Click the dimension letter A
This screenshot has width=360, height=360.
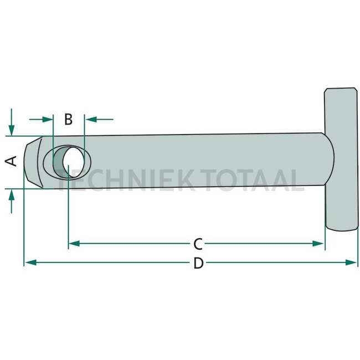coord(11,161)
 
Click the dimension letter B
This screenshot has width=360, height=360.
coord(69,120)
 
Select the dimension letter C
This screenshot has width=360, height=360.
coord(198,244)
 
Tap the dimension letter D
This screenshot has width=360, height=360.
coord(198,263)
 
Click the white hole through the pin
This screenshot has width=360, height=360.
coord(74,162)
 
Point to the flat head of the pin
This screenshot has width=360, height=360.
coord(342,159)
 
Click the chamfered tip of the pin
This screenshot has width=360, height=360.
coord(33,162)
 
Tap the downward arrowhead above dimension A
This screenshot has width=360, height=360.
coord(12,130)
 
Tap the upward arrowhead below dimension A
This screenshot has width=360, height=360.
coord(12,195)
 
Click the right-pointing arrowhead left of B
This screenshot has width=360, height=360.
coord(48,120)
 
